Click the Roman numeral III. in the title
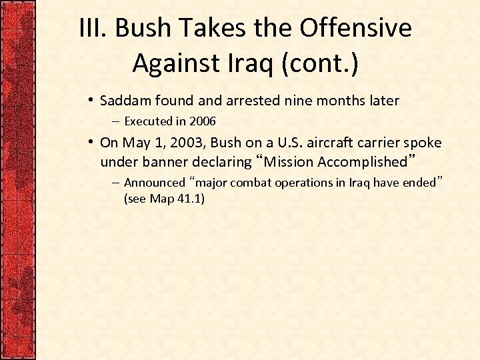(93, 29)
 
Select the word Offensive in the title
(355, 29)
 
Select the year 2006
(203, 121)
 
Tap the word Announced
(154, 183)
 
